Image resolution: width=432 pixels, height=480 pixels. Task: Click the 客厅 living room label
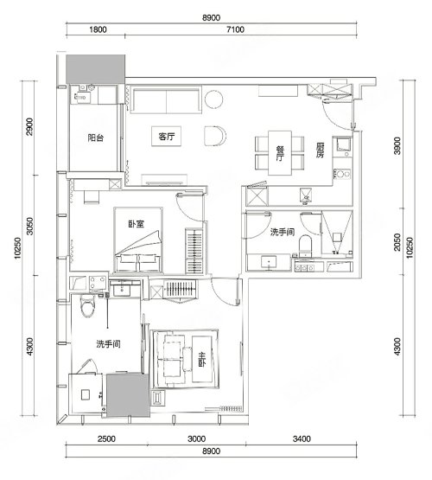[x=166, y=137]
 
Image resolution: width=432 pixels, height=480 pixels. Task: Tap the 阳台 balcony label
[x=96, y=138]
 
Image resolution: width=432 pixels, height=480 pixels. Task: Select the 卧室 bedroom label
[x=136, y=224]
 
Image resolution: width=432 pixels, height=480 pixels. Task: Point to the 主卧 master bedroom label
[x=202, y=360]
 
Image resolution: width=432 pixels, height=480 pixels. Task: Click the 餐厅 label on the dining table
[x=279, y=153]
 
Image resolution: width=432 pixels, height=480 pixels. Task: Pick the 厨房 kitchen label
[x=320, y=150]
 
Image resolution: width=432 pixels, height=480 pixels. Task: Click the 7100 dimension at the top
[x=236, y=29]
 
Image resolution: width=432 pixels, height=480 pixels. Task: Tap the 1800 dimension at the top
[x=98, y=29]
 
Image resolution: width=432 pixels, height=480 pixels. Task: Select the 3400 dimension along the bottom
[x=302, y=439]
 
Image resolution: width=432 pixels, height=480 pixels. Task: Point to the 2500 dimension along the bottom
[x=106, y=439]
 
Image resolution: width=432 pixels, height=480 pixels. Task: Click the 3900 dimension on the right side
[x=397, y=145]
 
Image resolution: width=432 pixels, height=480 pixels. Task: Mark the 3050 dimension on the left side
[x=29, y=226]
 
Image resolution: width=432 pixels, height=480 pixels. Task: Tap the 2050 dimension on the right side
[x=397, y=242]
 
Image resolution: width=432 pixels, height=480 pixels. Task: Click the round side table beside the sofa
[x=214, y=99]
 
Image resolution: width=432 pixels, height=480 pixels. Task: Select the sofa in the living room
[x=166, y=99]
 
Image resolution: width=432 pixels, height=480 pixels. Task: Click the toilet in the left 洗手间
[x=88, y=305]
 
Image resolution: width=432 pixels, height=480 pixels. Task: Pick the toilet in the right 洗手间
[x=305, y=246]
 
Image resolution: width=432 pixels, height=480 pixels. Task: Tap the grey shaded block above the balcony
[x=96, y=69]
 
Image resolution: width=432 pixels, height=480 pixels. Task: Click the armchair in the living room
[x=215, y=136]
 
